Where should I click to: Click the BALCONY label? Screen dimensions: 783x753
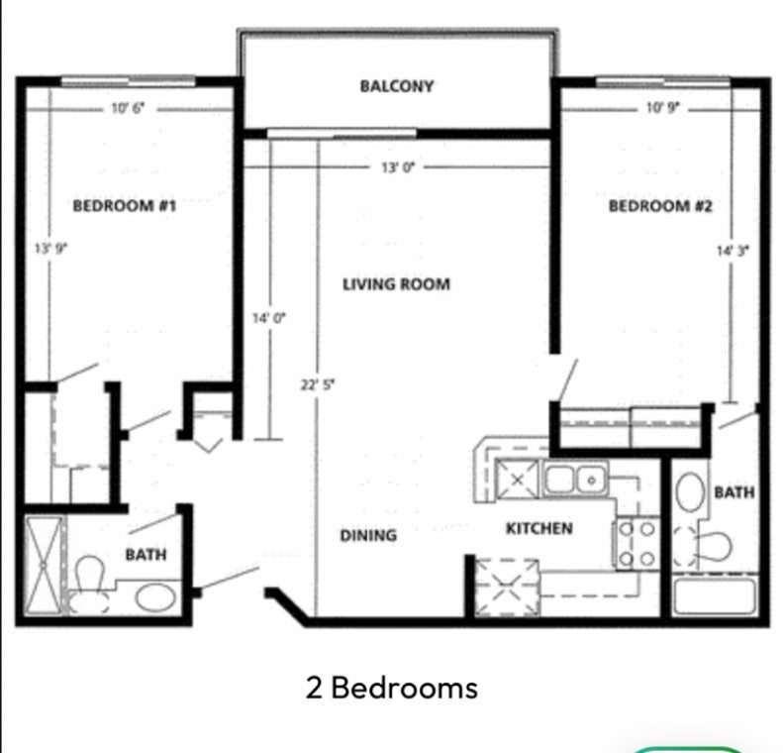click(397, 86)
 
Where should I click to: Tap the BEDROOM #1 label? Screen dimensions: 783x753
click(125, 205)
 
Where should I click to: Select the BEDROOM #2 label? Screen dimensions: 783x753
click(660, 206)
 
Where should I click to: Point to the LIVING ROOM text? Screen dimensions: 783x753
click(396, 284)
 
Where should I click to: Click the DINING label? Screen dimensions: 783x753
click(368, 536)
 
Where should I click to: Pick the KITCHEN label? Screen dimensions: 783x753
click(539, 529)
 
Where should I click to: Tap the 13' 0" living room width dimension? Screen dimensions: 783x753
click(398, 167)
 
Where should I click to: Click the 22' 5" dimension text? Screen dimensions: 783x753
click(318, 384)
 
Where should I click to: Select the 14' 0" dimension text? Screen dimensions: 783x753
click(268, 318)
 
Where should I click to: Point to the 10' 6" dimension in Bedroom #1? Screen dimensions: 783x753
click(128, 108)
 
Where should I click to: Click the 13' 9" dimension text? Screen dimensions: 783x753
click(50, 248)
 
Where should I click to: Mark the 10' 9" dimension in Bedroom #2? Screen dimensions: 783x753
click(662, 107)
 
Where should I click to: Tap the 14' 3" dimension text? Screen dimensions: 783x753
click(733, 251)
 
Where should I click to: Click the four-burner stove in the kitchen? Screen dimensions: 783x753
click(636, 543)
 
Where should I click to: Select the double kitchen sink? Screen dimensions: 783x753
click(575, 479)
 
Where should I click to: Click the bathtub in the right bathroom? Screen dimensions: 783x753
click(714, 595)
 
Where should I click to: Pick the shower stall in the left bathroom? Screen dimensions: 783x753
click(44, 565)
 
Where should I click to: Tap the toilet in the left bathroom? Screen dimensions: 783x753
click(89, 584)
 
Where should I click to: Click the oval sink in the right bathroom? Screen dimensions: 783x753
click(690, 491)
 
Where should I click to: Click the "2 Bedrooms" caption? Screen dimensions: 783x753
click(392, 688)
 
